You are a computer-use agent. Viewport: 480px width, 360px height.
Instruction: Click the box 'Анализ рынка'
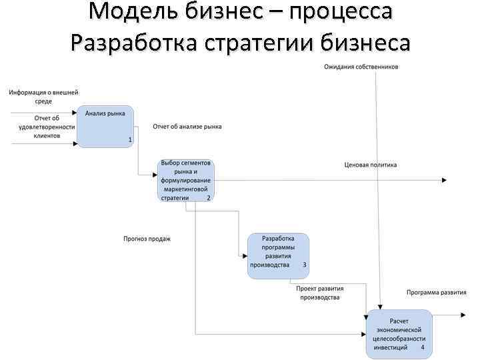pos(105,126)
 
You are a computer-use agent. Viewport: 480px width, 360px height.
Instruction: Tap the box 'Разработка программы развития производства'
pos(279,255)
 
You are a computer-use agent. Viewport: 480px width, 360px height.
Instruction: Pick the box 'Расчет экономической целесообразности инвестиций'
pos(399,334)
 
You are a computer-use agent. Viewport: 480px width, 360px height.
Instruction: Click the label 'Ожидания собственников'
pos(362,67)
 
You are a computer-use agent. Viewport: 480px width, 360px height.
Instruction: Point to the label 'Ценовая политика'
pos(371,165)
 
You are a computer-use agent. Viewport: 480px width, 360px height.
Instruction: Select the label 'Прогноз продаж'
pos(147,238)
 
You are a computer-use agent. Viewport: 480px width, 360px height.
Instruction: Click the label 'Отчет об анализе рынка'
pos(187,126)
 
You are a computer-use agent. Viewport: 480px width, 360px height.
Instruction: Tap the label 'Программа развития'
pos(437,292)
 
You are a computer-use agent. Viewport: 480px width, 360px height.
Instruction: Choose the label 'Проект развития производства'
pos(321,293)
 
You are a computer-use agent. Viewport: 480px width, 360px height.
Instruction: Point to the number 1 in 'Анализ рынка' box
pos(129,139)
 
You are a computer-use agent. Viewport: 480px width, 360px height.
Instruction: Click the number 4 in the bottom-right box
pos(423,347)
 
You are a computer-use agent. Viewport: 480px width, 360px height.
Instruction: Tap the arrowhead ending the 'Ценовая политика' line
pos(444,180)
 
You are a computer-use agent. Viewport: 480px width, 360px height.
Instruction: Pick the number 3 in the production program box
pos(305,265)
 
